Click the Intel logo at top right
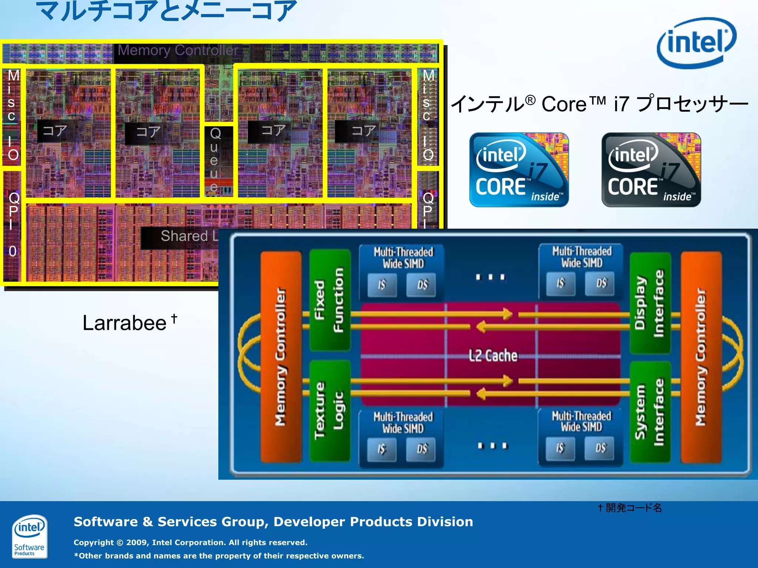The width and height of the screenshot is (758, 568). pos(697,43)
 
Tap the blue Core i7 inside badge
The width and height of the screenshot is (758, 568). pos(519,170)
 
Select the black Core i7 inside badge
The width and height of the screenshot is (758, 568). pos(651,170)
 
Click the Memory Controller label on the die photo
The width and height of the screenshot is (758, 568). pos(178,50)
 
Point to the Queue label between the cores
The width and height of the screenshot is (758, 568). pos(215,160)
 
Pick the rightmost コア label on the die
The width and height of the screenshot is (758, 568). pos(363,131)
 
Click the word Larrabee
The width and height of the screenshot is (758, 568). pos(124,323)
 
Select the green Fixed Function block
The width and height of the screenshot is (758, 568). pos(329,300)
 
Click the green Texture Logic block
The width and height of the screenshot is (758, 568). pos(329,411)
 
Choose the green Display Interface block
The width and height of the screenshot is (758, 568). pos(650,302)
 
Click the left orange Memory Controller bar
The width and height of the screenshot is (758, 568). pos(281,356)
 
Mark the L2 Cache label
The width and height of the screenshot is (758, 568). pos(493,356)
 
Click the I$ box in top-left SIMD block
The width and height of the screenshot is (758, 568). pos(382,285)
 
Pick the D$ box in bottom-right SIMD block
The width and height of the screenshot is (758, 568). pos(601,448)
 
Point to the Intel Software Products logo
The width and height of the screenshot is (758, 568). pos(29,536)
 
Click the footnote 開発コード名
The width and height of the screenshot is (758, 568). pos(633,508)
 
